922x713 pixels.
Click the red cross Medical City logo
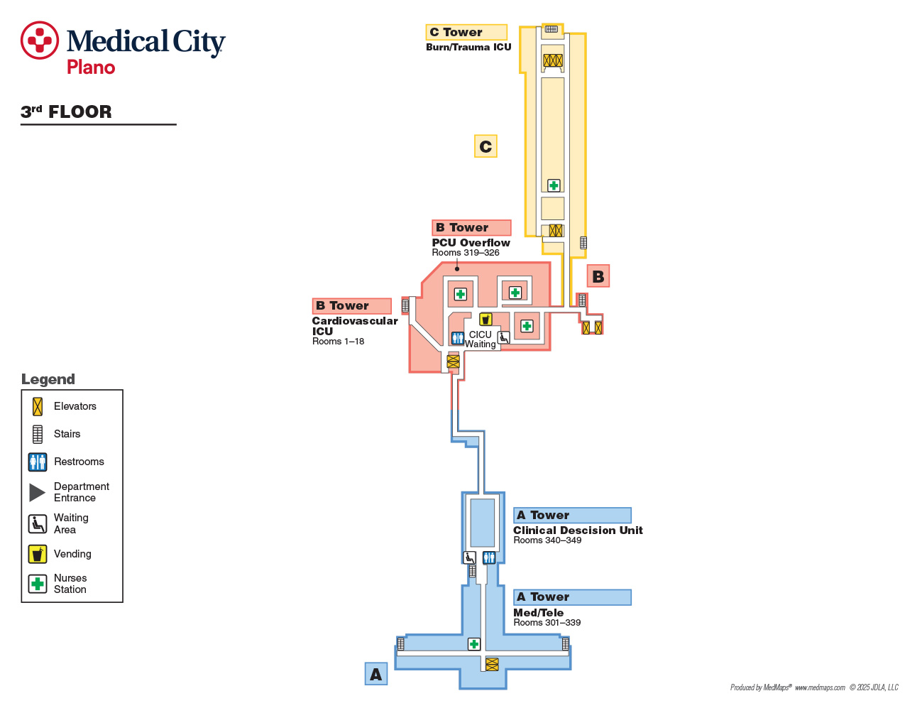tap(40, 40)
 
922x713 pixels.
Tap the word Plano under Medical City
tap(91, 67)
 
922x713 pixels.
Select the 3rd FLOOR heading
tap(66, 111)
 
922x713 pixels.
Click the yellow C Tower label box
tap(466, 32)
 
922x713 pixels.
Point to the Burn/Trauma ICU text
tap(468, 47)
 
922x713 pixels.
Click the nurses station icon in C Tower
tap(554, 185)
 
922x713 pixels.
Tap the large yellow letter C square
tap(485, 146)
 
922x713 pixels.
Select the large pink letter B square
tap(598, 276)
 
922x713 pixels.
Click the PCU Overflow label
tap(471, 243)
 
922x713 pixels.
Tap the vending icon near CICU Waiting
tap(485, 319)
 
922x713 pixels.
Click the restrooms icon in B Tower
tap(457, 338)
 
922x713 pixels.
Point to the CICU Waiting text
tap(481, 339)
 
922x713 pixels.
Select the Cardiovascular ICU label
tap(355, 326)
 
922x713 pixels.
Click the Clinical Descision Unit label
tap(578, 530)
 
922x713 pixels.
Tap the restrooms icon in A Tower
tap(489, 557)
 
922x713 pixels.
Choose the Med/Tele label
tap(539, 613)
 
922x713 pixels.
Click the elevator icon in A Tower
tap(492, 665)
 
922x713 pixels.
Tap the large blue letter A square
tap(376, 674)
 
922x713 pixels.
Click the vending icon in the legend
tap(38, 554)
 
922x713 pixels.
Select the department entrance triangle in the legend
tap(36, 492)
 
